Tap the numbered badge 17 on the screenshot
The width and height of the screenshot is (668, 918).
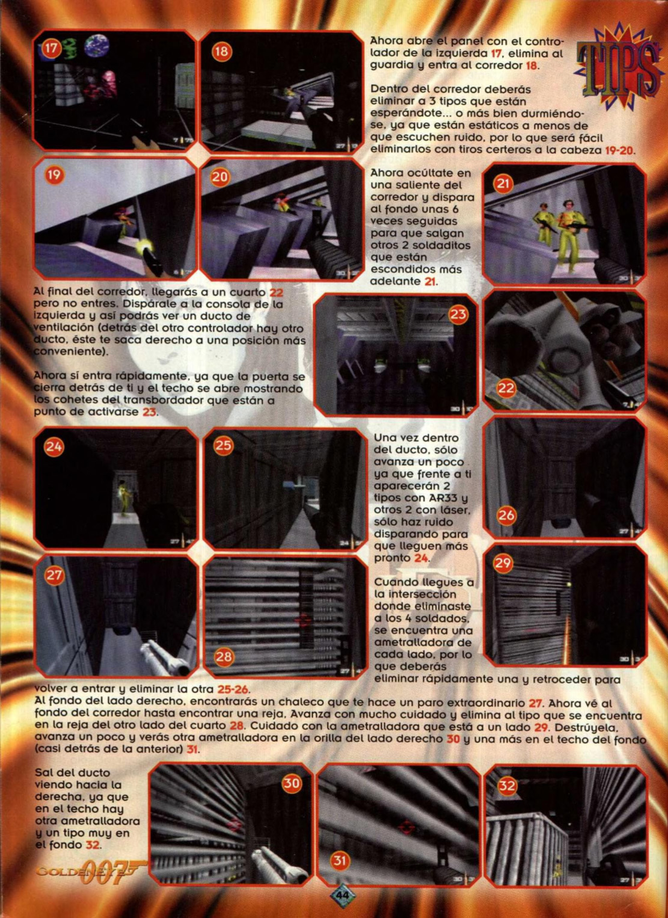(x=51, y=49)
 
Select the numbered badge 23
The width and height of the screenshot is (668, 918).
(x=459, y=314)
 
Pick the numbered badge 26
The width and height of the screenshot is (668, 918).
(x=506, y=515)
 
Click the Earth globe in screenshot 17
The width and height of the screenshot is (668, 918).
(x=97, y=46)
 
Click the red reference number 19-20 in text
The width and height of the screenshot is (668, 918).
(x=619, y=150)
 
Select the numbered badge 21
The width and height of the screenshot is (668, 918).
(x=503, y=183)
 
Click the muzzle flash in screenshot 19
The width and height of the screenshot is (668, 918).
(x=144, y=247)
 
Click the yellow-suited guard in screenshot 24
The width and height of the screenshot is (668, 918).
(x=123, y=494)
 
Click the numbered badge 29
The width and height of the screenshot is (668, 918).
(x=503, y=562)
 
